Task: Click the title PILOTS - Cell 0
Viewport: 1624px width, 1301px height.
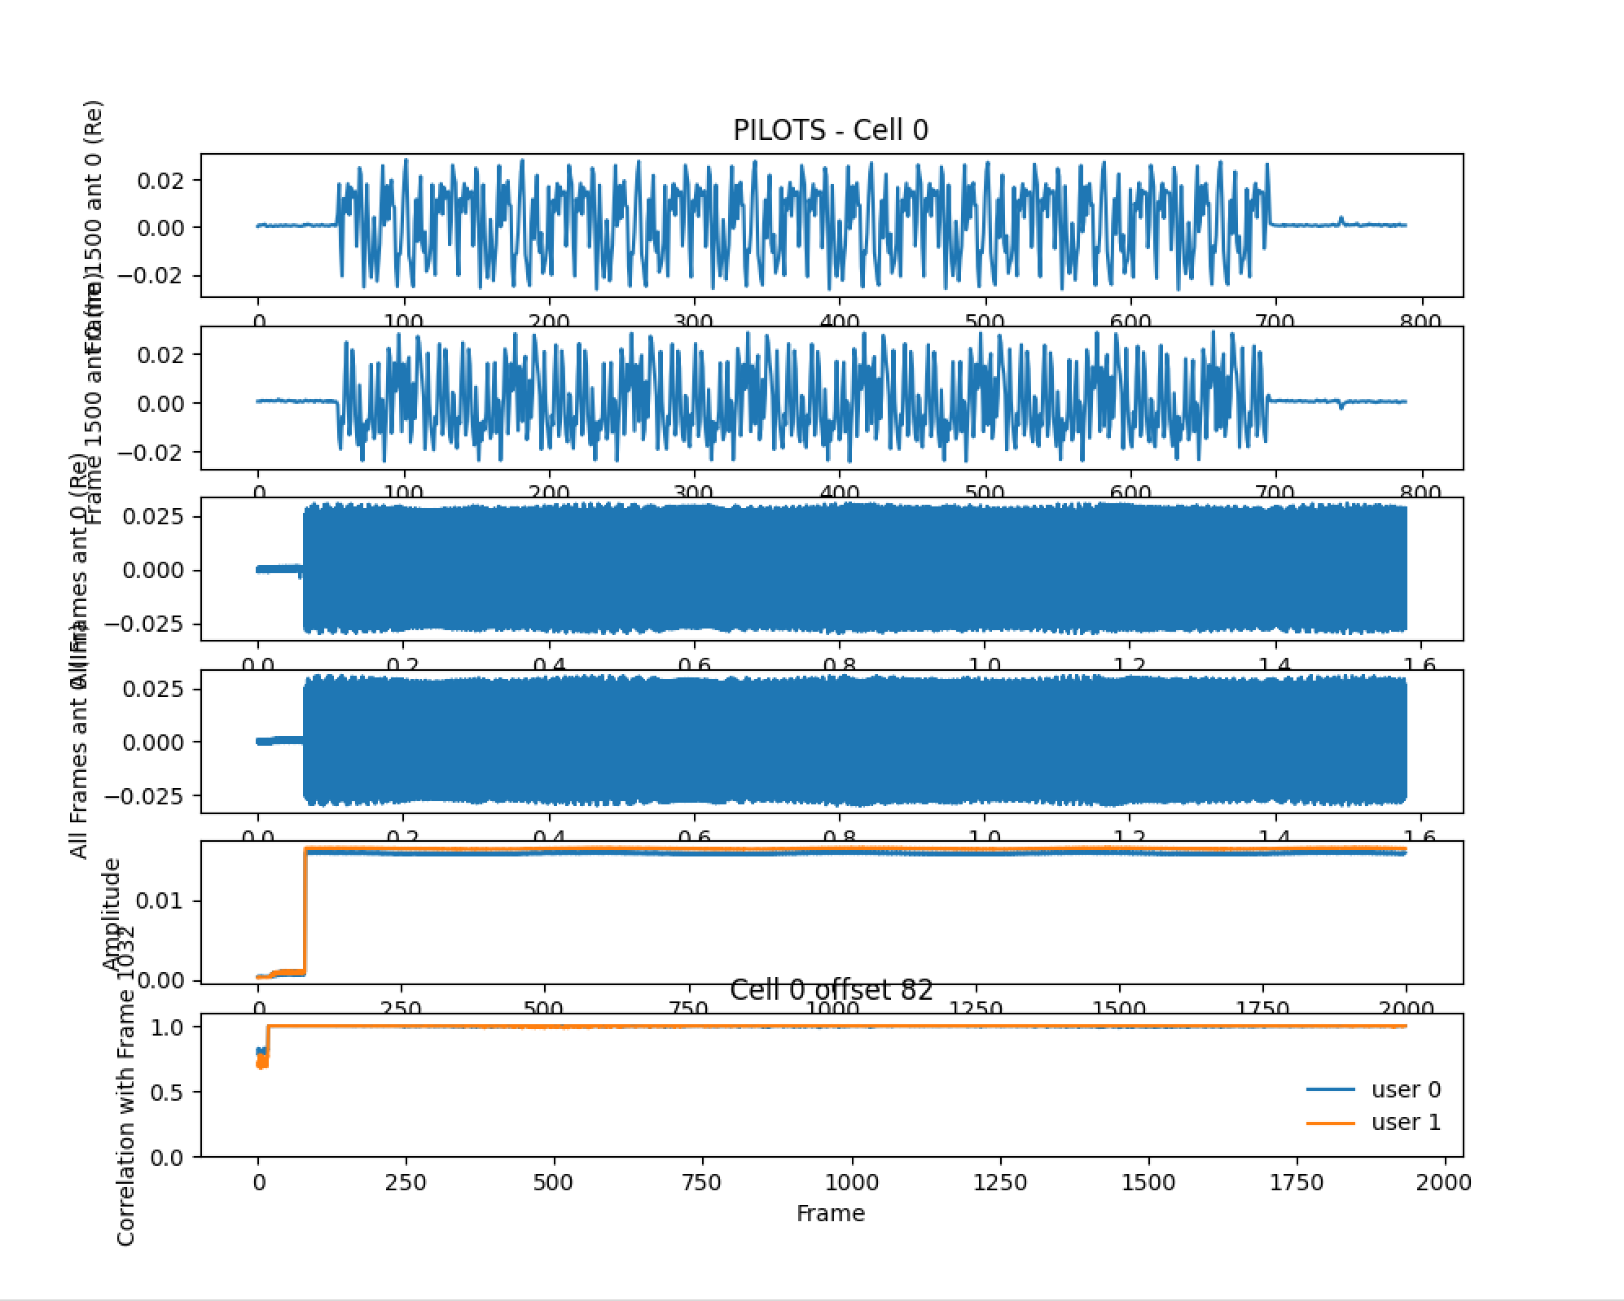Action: click(830, 130)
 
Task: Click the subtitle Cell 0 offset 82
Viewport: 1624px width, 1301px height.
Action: click(831, 990)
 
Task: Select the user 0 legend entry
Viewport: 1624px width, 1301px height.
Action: click(1406, 1089)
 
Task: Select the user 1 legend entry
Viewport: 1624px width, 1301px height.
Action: click(1406, 1122)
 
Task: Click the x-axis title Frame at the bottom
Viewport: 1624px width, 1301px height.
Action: click(830, 1213)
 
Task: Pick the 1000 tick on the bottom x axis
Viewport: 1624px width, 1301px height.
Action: click(853, 1182)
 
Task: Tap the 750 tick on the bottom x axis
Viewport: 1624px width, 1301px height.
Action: click(702, 1182)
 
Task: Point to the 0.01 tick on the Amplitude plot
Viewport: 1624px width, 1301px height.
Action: click(163, 901)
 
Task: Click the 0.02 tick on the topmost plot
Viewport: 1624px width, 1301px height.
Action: click(163, 180)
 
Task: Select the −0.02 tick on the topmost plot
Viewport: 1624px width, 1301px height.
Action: click(156, 275)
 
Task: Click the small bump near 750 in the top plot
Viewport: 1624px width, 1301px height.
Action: click(1341, 220)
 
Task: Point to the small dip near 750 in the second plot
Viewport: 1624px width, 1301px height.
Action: click(1341, 405)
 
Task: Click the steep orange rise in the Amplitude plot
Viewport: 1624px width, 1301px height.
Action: click(305, 912)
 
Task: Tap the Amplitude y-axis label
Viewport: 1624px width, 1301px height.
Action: click(112, 913)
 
